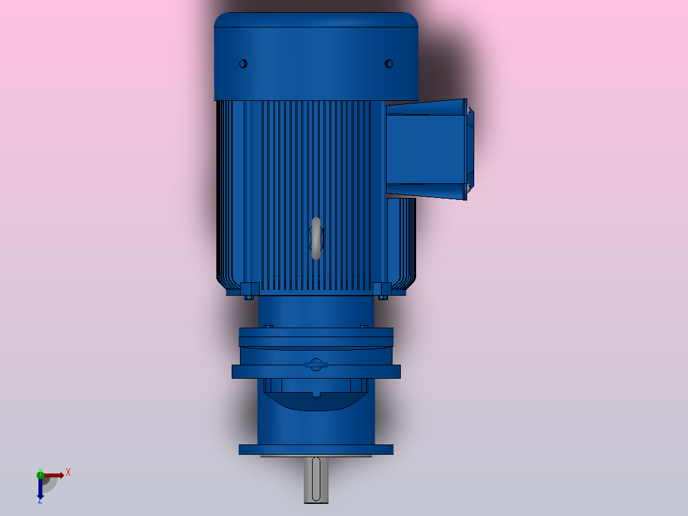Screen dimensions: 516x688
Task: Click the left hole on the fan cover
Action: coord(243,63)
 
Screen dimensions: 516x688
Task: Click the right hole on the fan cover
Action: coord(389,63)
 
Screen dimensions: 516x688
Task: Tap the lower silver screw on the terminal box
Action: coord(468,188)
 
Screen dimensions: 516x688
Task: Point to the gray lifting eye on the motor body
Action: coord(316,238)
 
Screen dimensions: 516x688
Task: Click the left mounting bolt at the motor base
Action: coord(249,296)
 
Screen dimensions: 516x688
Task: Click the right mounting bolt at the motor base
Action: coord(383,296)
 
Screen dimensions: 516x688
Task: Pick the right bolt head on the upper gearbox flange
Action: coord(364,326)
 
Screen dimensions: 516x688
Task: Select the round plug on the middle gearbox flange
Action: coord(316,365)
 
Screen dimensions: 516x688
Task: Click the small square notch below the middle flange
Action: coord(316,394)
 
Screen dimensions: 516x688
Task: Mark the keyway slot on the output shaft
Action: coord(316,479)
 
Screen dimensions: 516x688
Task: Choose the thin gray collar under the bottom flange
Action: coord(316,456)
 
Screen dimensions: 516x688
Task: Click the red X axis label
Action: coord(68,472)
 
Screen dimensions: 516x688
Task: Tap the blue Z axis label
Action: coord(40,500)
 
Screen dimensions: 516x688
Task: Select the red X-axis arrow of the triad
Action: coord(54,475)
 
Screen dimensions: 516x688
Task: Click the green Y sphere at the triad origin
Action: coord(40,474)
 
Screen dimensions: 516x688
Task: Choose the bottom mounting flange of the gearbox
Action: coord(316,450)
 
